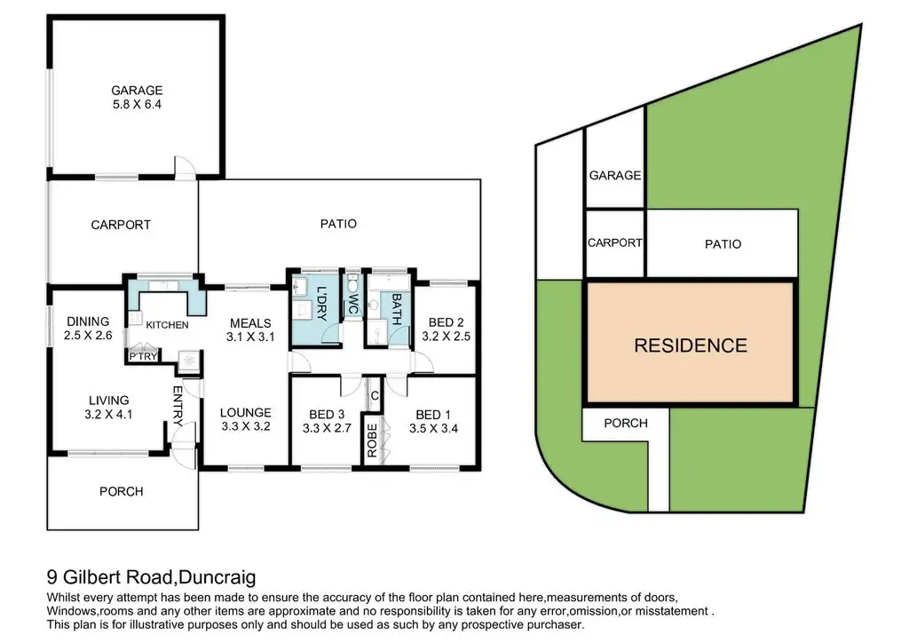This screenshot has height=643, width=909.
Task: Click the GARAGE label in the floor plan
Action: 137,91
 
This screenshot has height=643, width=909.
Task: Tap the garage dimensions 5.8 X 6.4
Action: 137,105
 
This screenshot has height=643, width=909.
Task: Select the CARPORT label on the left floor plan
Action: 121,225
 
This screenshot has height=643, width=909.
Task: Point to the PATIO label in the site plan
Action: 723,244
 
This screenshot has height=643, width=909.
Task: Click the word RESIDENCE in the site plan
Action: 691,345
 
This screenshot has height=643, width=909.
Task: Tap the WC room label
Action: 352,303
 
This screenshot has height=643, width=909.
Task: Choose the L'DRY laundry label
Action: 321,303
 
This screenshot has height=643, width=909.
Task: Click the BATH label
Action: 397,309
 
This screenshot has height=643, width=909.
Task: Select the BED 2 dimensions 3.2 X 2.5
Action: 446,337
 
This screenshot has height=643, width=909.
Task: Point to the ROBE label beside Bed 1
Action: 372,440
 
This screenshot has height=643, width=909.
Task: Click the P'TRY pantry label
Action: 143,356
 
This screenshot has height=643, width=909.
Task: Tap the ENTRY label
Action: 178,406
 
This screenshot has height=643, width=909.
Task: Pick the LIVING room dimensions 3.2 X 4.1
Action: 108,415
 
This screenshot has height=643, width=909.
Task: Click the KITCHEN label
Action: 167,325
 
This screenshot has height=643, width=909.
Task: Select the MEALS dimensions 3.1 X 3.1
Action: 250,337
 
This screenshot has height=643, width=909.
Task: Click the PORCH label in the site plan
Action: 626,424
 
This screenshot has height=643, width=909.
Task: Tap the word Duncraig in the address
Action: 217,577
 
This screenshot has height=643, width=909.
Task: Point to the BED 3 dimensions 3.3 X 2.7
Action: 327,428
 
